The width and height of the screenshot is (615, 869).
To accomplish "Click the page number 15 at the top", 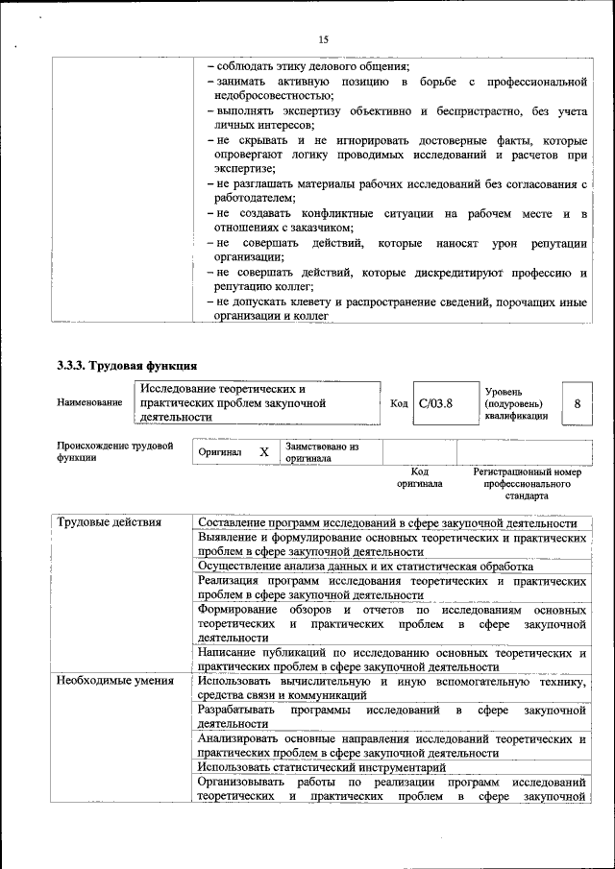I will [x=323, y=39].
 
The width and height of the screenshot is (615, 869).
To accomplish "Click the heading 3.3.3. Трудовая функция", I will [x=127, y=365].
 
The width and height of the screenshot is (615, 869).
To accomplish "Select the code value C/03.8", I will [x=435, y=403].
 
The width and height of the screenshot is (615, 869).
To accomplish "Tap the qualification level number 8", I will [x=577, y=403].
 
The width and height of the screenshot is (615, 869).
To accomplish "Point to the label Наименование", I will [x=89, y=402].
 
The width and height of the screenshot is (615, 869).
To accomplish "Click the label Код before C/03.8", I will [x=400, y=403].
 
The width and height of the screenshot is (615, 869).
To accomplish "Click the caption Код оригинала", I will [x=419, y=477].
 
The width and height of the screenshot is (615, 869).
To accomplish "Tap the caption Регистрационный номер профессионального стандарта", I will [x=528, y=484].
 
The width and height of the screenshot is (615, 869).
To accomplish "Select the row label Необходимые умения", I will [x=115, y=682].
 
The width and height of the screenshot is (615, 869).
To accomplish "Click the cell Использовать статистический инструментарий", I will [x=322, y=767].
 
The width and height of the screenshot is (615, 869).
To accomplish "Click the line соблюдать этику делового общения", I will [x=312, y=66].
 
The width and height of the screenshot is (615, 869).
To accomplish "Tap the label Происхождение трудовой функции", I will [x=114, y=451].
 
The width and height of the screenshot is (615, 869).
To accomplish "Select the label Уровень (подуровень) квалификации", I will [x=517, y=403].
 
